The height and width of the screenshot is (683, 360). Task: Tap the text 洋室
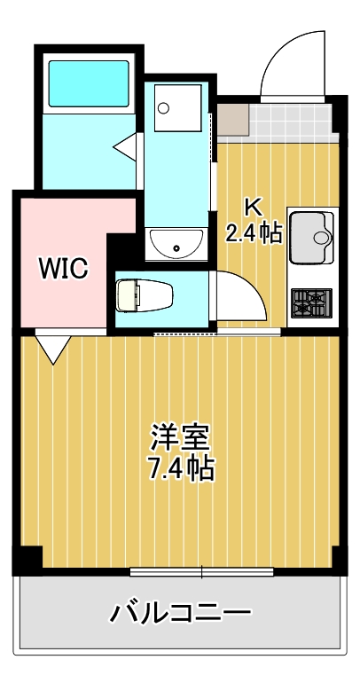coord(180,438)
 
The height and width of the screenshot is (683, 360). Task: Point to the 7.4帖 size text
coord(180,467)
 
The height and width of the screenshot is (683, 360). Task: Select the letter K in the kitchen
coord(253,208)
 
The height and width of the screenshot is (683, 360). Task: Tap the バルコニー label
coord(180,612)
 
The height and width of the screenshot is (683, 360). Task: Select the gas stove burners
coord(311,302)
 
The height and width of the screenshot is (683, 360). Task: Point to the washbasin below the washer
coord(176,242)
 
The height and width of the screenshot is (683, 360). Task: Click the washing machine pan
coord(178,108)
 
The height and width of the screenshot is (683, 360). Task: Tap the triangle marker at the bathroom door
coord(126,145)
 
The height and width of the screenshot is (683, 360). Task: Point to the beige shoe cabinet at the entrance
coord(232,118)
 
